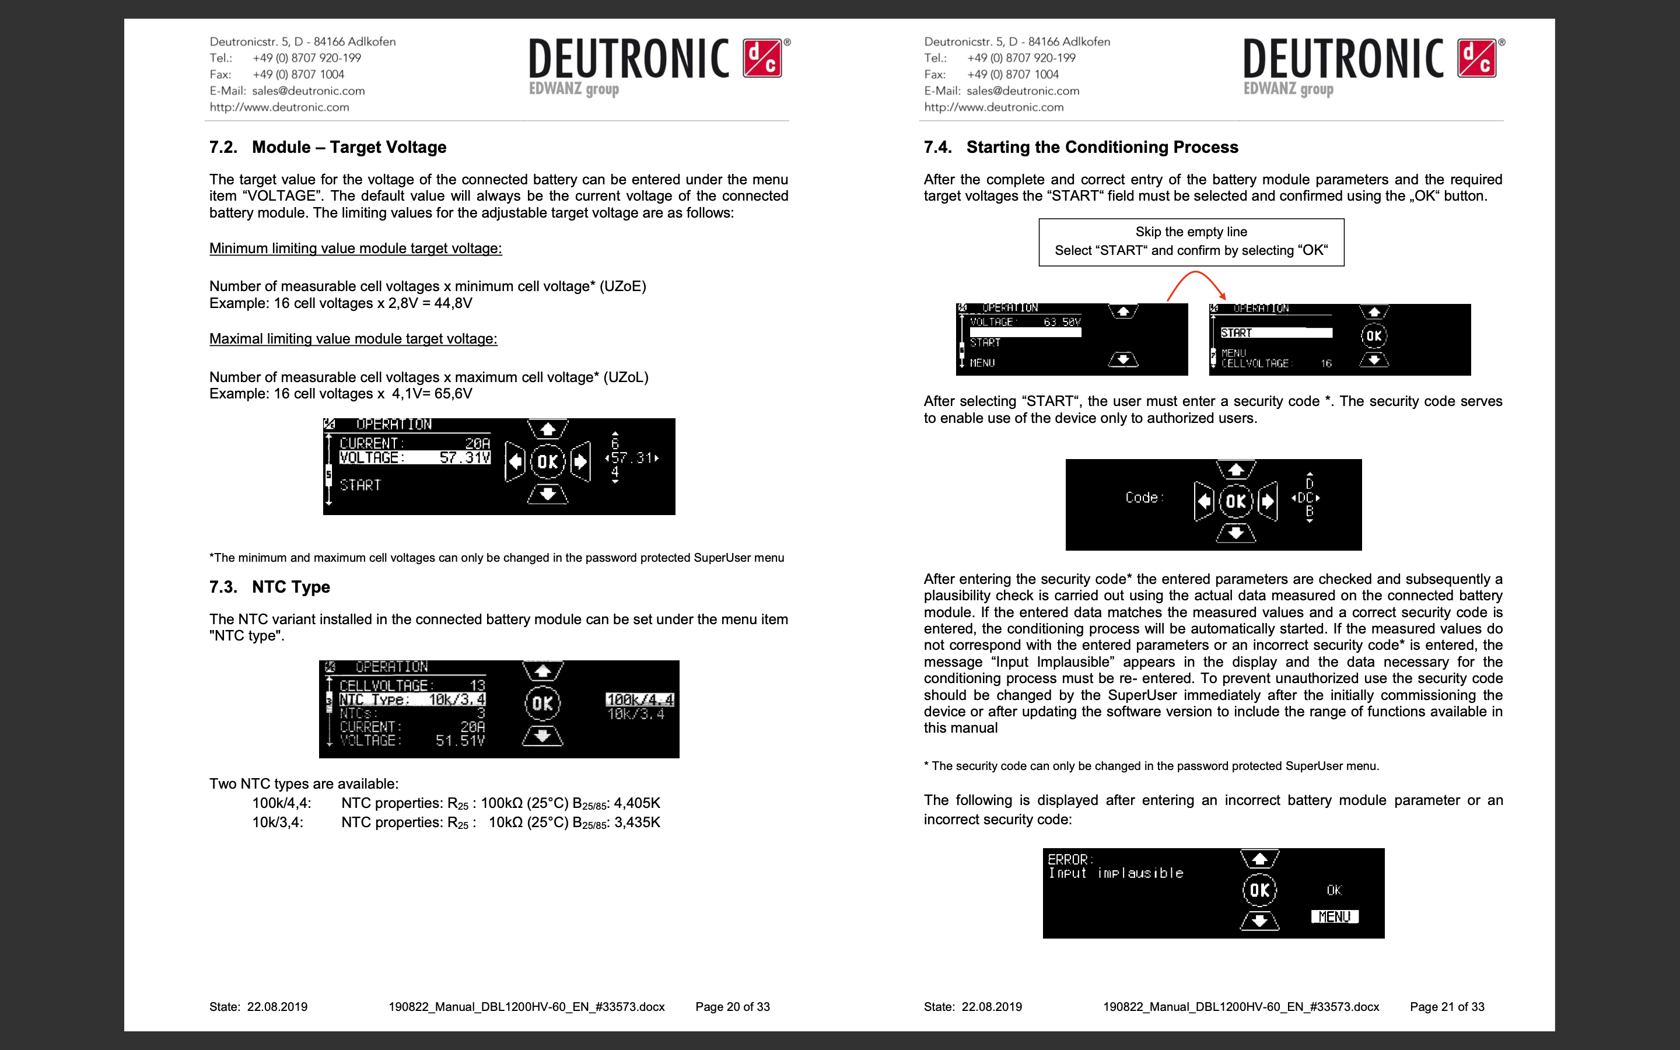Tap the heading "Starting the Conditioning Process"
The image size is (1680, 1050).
pyautogui.click(x=1102, y=147)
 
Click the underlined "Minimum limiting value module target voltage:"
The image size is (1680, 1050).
pyautogui.click(x=355, y=249)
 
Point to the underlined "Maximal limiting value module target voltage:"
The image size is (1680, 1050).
pyautogui.click(x=353, y=339)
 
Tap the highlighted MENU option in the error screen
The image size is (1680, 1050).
pyautogui.click(x=1334, y=916)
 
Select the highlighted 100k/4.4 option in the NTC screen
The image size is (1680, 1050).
pyautogui.click(x=639, y=699)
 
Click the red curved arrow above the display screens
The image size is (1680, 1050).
pyautogui.click(x=1195, y=281)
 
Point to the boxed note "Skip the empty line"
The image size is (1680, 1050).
pyautogui.click(x=1191, y=232)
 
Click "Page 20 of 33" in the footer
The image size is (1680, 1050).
pyautogui.click(x=733, y=1007)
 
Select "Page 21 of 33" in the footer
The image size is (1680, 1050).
pyautogui.click(x=1447, y=1007)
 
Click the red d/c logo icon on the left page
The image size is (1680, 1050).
pyautogui.click(x=762, y=58)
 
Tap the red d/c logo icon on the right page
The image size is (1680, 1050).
pyautogui.click(x=1476, y=58)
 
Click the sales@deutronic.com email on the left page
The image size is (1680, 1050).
pyautogui.click(x=308, y=91)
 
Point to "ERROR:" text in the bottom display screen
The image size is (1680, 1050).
pyautogui.click(x=1070, y=859)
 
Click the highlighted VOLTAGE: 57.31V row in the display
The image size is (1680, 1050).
pyautogui.click(x=414, y=458)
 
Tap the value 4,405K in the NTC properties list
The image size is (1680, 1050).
pyautogui.click(x=636, y=803)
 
